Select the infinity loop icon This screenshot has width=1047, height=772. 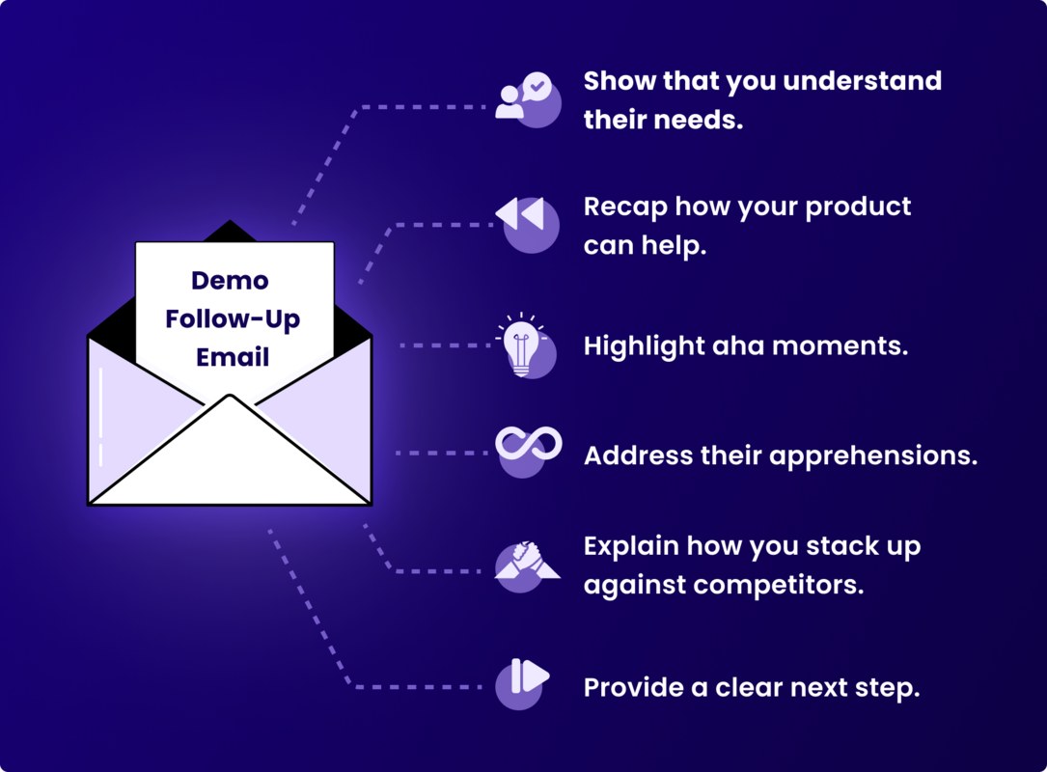pos(528,445)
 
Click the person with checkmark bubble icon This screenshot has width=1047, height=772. pos(524,96)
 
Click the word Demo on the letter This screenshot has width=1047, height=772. pos(230,281)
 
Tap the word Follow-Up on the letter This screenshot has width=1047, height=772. pos(233,318)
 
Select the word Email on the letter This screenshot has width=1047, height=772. pos(233,357)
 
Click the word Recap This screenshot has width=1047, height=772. pos(625,207)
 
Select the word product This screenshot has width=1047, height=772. pos(858,207)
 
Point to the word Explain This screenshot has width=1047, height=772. pos(631,546)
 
